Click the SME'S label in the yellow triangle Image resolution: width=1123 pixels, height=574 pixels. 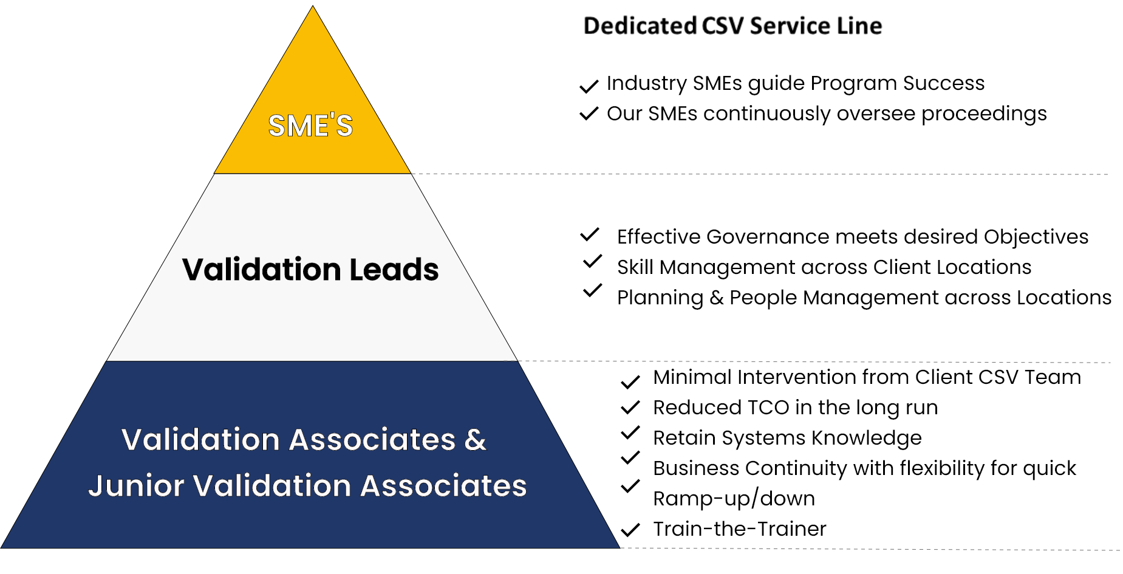(x=310, y=126)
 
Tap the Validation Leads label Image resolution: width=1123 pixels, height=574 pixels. (x=310, y=269)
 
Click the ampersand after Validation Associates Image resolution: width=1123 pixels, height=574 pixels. (x=476, y=439)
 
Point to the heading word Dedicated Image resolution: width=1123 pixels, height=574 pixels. (x=640, y=26)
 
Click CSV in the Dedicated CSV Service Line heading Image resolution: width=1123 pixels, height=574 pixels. (x=723, y=26)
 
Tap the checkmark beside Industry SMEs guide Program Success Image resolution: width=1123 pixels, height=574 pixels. (x=589, y=86)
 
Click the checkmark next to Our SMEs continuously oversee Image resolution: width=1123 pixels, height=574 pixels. (x=589, y=113)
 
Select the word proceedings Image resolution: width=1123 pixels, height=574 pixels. (x=984, y=114)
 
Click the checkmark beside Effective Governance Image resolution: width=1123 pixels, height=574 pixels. (x=590, y=234)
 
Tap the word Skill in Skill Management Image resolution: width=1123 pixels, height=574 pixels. (x=635, y=267)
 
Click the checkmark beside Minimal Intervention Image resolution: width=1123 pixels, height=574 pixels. (x=630, y=381)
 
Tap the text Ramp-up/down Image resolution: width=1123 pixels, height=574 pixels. (x=734, y=499)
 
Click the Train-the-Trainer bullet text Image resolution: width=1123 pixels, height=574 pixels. (x=740, y=528)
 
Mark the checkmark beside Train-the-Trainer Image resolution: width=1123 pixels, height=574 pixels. (x=630, y=530)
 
